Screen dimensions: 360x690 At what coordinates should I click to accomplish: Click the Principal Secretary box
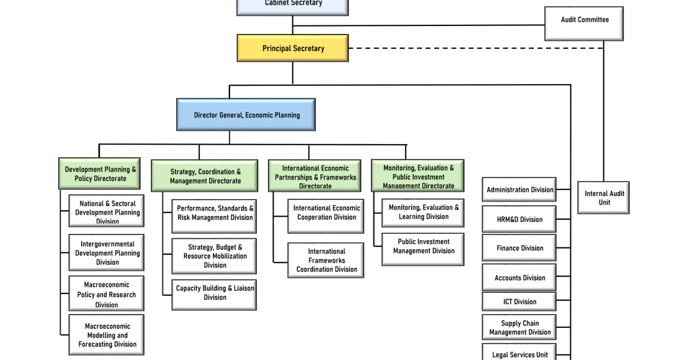click(x=293, y=48)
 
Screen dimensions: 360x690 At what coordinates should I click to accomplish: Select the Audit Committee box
click(x=584, y=23)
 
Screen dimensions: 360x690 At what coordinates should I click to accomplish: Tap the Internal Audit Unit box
click(x=603, y=198)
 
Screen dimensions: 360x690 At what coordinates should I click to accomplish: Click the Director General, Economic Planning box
click(x=246, y=115)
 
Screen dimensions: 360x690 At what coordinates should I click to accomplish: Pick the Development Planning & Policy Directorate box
click(x=100, y=174)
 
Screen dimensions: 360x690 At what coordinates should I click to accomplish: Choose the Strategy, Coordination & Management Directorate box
click(x=205, y=176)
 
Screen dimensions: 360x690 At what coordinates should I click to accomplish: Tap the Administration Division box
click(x=519, y=189)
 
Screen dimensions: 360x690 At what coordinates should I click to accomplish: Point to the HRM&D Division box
click(x=519, y=219)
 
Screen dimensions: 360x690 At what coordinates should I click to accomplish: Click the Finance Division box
click(x=519, y=248)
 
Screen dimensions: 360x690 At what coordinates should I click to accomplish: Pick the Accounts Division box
click(x=519, y=278)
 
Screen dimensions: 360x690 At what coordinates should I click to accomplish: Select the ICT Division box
click(x=519, y=301)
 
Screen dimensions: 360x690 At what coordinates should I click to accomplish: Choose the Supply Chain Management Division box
click(x=519, y=327)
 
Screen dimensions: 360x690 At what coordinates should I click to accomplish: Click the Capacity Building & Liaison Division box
click(x=214, y=294)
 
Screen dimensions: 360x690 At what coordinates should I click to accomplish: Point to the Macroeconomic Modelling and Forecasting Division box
click(x=107, y=335)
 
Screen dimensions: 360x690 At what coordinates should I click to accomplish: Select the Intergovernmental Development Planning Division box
click(x=107, y=252)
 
